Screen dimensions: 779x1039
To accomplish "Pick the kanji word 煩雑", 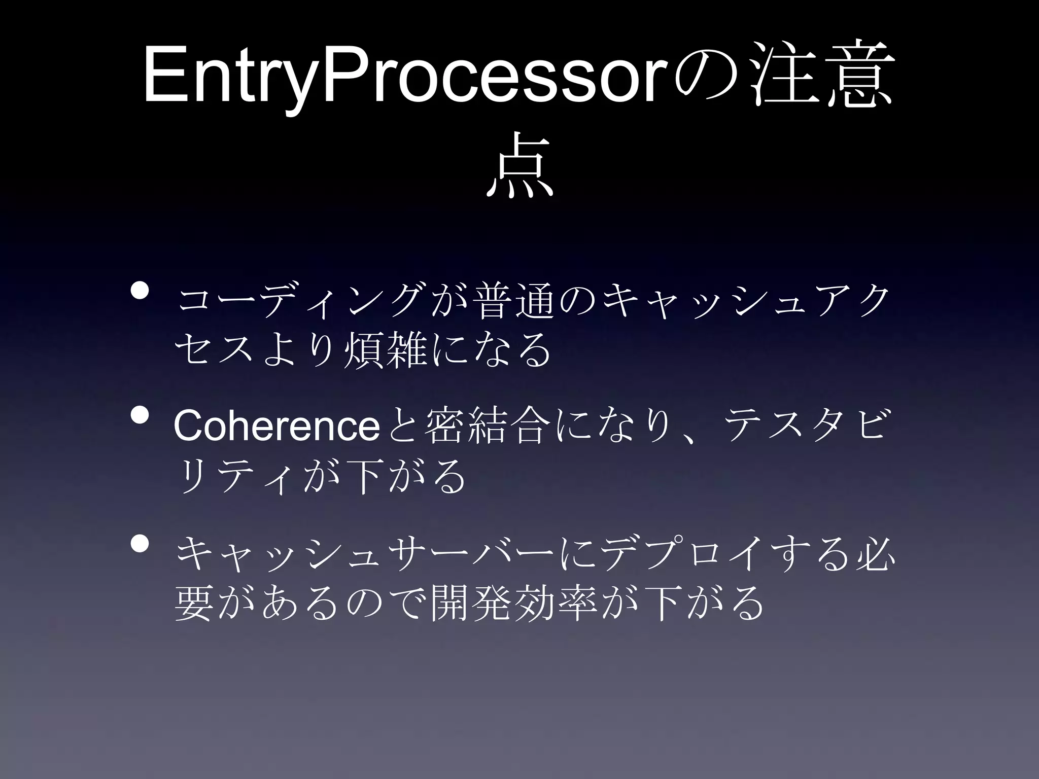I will tap(385, 350).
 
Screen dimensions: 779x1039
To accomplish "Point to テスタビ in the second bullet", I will tap(807, 427).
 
